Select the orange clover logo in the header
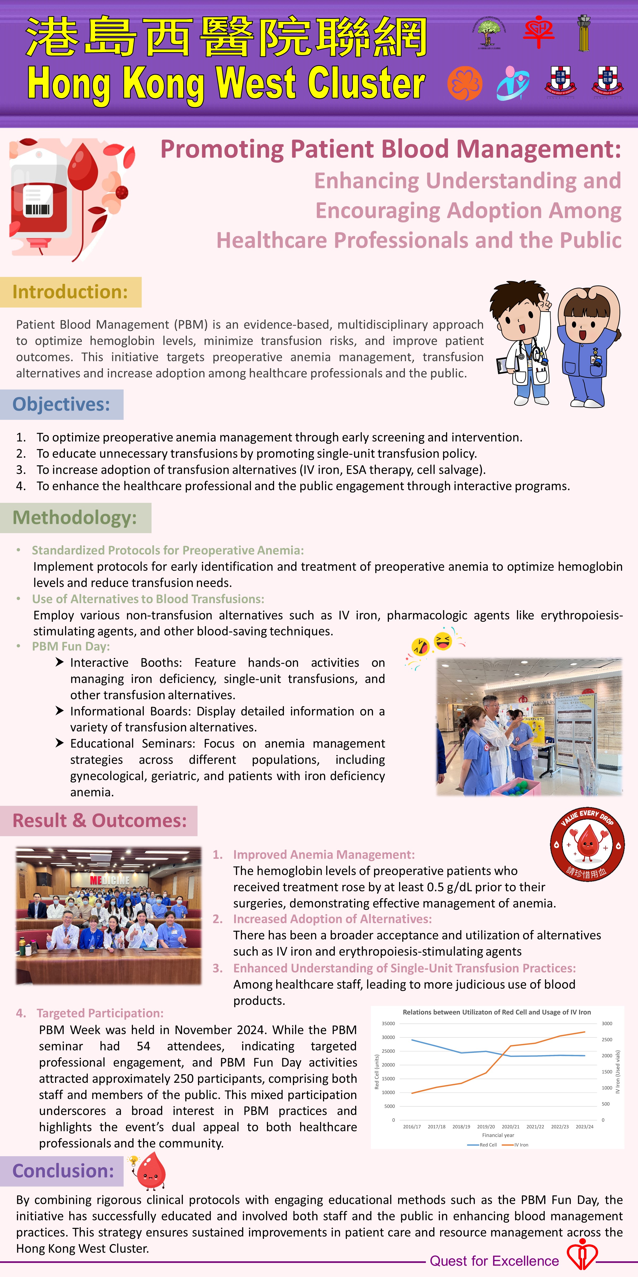(465, 83)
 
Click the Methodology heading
(75, 517)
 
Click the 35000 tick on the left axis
(388, 1023)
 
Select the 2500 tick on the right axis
(607, 1039)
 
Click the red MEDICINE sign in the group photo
(110, 880)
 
